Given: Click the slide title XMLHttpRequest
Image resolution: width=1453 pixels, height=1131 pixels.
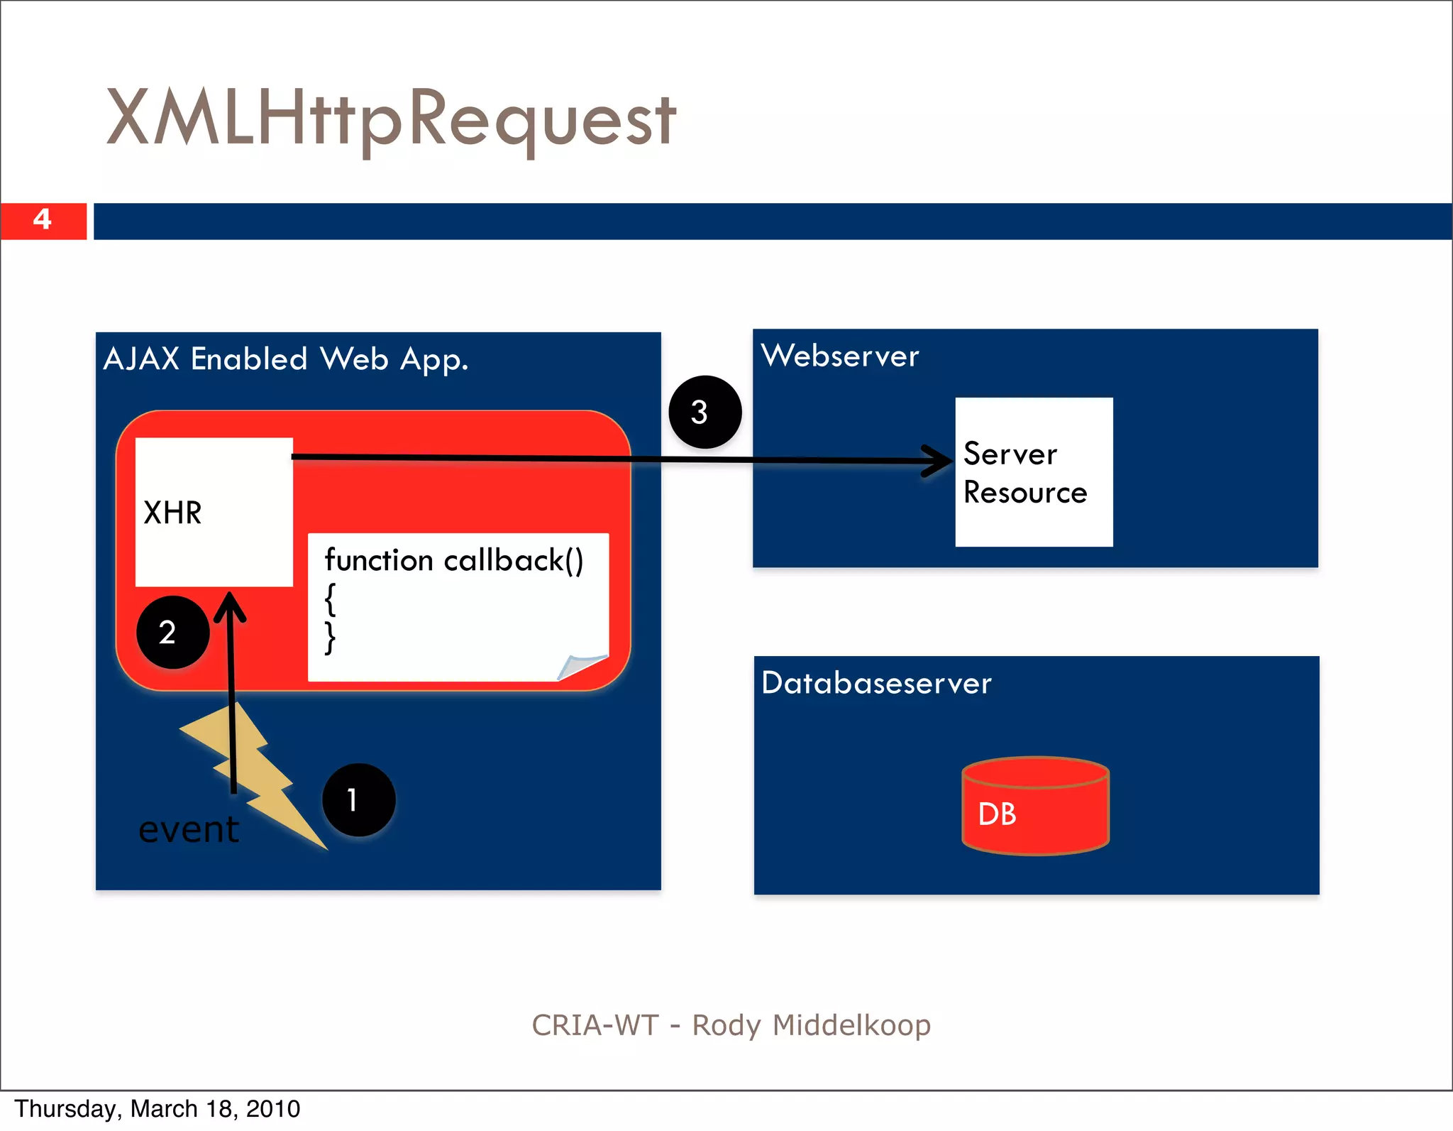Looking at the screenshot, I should (x=391, y=118).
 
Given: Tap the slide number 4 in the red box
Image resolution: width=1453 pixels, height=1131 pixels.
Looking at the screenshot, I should (x=43, y=219).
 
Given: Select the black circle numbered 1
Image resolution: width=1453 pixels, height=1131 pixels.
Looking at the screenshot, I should (x=358, y=800).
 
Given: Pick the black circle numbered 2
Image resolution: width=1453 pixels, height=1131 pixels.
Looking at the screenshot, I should (x=172, y=632).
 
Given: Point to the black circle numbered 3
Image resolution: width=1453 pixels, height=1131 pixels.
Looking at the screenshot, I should (x=705, y=412).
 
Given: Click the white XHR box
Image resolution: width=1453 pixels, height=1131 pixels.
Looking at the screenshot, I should (x=214, y=512).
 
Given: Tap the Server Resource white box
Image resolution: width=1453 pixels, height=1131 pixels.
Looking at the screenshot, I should (x=1034, y=472).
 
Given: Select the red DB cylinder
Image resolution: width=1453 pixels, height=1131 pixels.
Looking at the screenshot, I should (x=1035, y=806).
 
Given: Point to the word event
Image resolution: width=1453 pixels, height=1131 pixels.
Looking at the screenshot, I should (x=189, y=830).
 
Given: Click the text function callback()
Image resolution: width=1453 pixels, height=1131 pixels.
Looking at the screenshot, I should (x=454, y=560).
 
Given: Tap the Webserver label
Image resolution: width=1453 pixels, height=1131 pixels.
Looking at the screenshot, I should (x=840, y=356).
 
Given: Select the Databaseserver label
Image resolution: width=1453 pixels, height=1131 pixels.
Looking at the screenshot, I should (x=876, y=683).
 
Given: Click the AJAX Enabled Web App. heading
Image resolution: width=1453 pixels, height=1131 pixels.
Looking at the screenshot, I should (x=286, y=359).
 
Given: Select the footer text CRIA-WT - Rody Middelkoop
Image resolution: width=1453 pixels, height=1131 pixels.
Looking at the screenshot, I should (x=731, y=1025).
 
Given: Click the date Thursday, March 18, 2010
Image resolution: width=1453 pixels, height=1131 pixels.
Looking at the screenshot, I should (x=158, y=1109).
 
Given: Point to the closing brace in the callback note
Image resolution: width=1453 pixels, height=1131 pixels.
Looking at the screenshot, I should (x=330, y=638).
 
